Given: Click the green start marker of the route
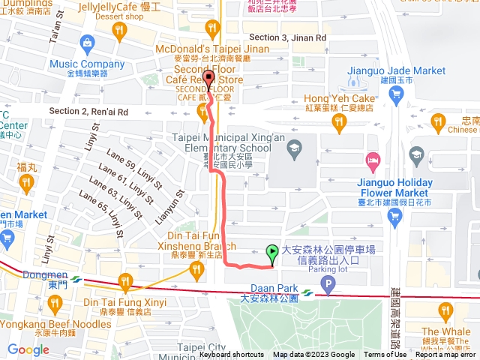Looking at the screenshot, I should [271, 253].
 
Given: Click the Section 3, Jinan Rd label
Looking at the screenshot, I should [287, 37].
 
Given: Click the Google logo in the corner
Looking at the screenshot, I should [28, 350].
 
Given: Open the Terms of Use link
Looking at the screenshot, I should [385, 355].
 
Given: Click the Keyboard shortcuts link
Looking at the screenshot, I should [231, 355].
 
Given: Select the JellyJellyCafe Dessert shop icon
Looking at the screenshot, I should [118, 29].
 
